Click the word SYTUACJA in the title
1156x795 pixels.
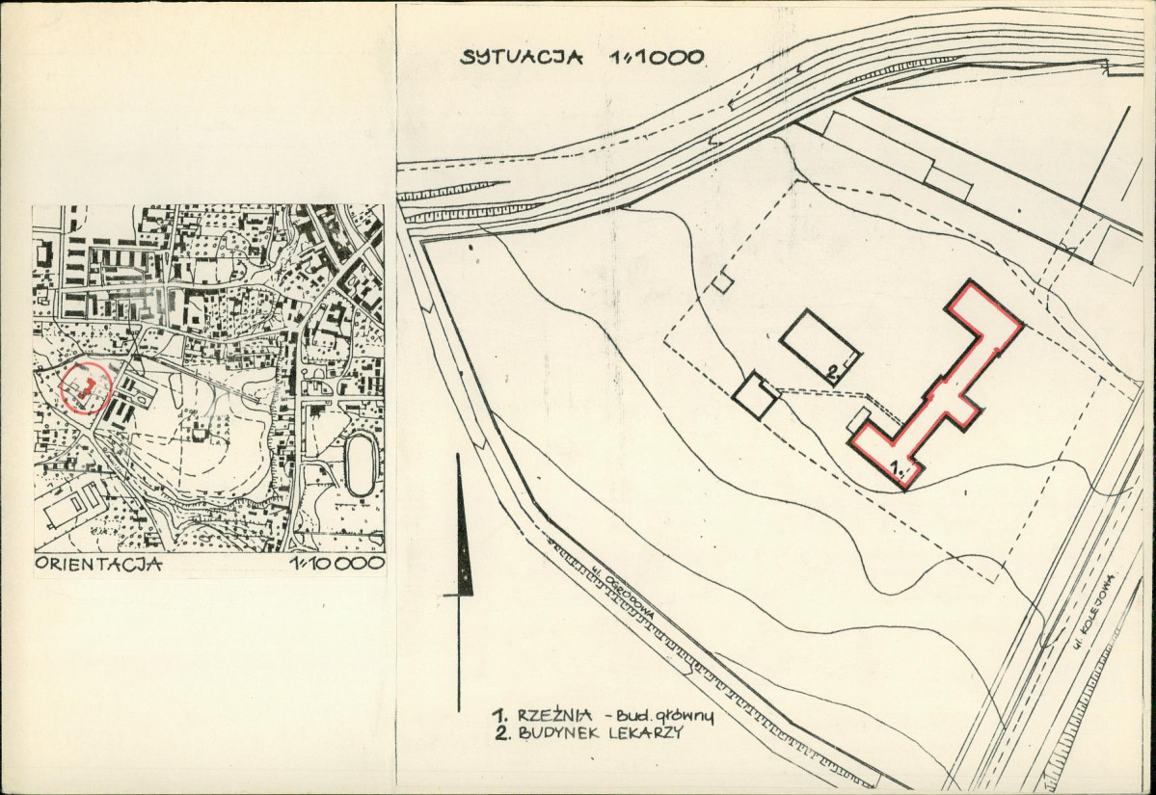pyautogui.click(x=521, y=56)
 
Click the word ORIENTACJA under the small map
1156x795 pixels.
pyautogui.click(x=97, y=565)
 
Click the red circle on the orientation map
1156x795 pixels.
pyautogui.click(x=86, y=387)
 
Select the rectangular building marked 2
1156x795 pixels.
pyautogui.click(x=820, y=347)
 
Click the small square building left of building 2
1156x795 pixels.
pyautogui.click(x=757, y=395)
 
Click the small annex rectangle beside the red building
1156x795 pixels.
pyautogui.click(x=859, y=420)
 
